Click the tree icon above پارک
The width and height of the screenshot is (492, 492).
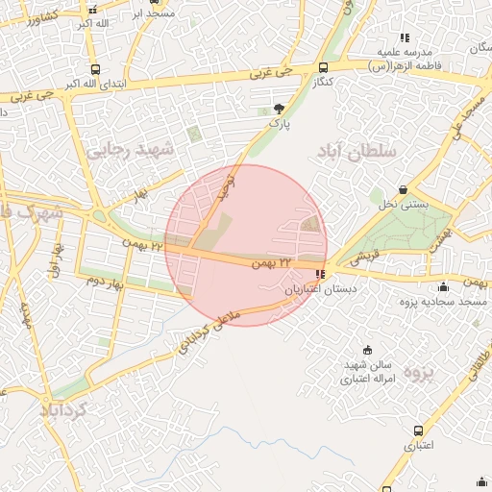pos(280,109)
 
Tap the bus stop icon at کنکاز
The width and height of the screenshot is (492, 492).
pos(322,68)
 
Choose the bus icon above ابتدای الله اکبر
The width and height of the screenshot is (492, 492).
pos(94,69)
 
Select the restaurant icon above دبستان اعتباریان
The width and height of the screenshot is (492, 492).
pos(320,274)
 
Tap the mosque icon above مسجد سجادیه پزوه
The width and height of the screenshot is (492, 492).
pos(443,287)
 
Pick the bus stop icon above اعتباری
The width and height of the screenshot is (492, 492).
pos(417,430)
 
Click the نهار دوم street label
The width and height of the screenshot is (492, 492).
pos(107,281)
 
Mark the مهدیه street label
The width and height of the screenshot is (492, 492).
pos(26,321)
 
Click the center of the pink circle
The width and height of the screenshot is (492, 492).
pos(246,245)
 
